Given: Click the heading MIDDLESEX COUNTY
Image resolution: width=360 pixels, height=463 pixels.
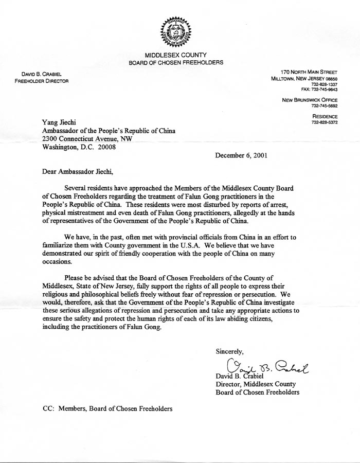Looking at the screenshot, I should [x=175, y=55].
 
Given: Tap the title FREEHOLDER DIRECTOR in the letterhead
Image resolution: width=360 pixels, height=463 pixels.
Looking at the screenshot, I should [x=42, y=81].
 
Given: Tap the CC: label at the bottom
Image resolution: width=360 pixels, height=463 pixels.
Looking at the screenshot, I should [x=49, y=409].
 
